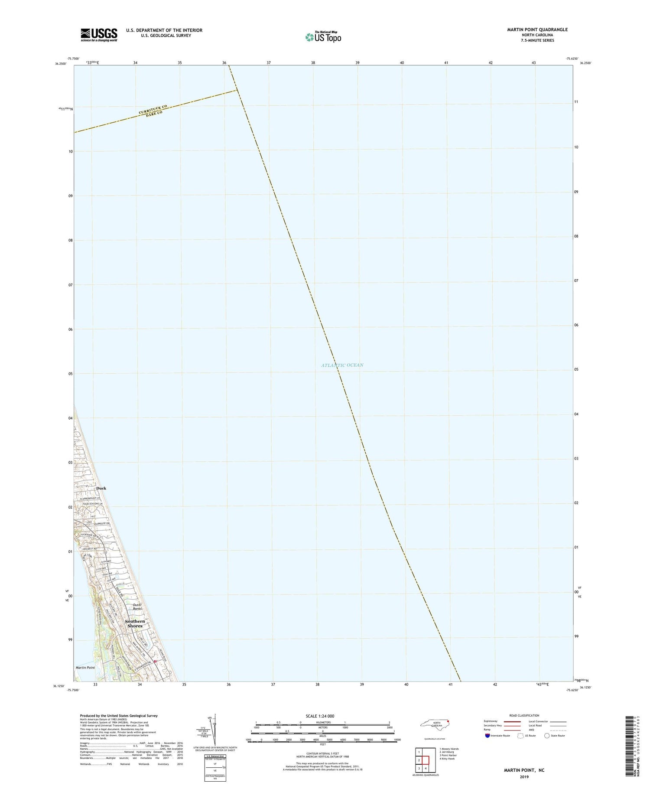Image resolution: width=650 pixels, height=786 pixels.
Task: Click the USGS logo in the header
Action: pos(99,35)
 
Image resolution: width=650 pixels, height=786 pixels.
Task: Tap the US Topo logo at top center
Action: pos(323,37)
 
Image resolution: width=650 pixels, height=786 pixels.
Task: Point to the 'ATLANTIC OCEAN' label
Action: pos(342,365)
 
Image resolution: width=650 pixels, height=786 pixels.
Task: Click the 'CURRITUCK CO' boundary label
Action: pos(153,109)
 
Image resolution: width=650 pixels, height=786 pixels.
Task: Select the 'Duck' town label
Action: pos(101,488)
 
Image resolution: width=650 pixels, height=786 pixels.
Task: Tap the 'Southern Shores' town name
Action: pos(135,623)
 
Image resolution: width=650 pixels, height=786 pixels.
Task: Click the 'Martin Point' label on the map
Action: pos(85,668)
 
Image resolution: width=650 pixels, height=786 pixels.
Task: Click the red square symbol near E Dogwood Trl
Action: pos(155,662)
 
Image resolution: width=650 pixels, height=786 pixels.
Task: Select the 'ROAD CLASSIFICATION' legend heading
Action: pos(524,715)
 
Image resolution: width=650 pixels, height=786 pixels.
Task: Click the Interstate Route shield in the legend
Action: pos(487,736)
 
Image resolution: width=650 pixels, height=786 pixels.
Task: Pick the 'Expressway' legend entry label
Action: pos(491,721)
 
